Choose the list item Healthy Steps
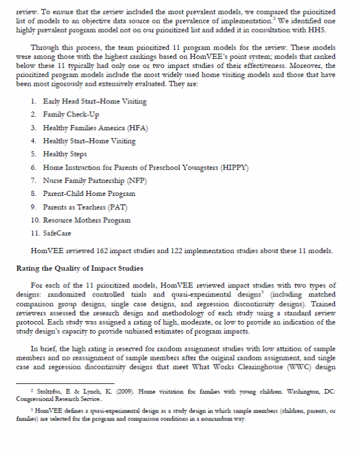[65, 154]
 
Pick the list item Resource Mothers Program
[87, 221]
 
